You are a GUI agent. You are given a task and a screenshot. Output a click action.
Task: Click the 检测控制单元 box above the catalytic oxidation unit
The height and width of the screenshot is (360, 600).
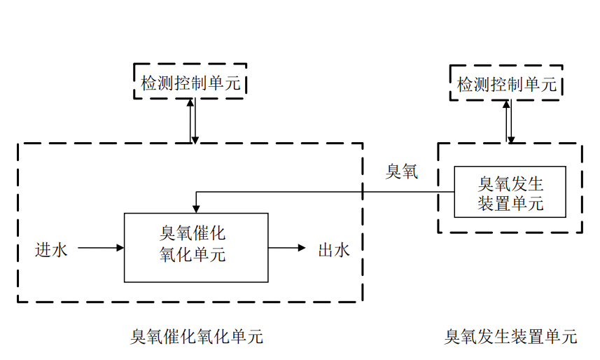point(190,81)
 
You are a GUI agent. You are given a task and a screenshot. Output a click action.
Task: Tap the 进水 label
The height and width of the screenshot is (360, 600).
point(52,249)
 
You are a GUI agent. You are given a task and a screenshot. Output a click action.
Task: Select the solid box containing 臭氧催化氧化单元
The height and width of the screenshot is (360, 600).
point(195,247)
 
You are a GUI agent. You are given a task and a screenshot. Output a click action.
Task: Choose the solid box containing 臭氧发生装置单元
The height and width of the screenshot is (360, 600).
point(510,191)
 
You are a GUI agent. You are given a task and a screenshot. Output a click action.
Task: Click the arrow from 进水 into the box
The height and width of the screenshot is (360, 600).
point(101,248)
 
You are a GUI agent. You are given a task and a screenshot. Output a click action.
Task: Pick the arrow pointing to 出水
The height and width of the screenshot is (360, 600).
point(287,248)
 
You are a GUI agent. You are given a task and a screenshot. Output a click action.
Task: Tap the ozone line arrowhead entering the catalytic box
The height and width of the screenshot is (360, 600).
point(197,208)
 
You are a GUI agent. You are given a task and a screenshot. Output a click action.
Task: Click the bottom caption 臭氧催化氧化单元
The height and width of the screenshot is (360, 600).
point(197,337)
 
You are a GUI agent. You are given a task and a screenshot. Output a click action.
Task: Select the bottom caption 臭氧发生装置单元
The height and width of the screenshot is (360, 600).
point(510,337)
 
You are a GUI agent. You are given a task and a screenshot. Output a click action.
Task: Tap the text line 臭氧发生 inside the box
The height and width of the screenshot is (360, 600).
point(510,184)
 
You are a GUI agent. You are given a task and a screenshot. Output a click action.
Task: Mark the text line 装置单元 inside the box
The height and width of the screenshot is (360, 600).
point(510,204)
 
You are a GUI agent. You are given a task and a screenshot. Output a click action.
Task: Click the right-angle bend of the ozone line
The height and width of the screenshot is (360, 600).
point(197,192)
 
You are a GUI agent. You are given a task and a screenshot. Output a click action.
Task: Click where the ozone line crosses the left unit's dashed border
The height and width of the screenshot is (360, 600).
point(363,192)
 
